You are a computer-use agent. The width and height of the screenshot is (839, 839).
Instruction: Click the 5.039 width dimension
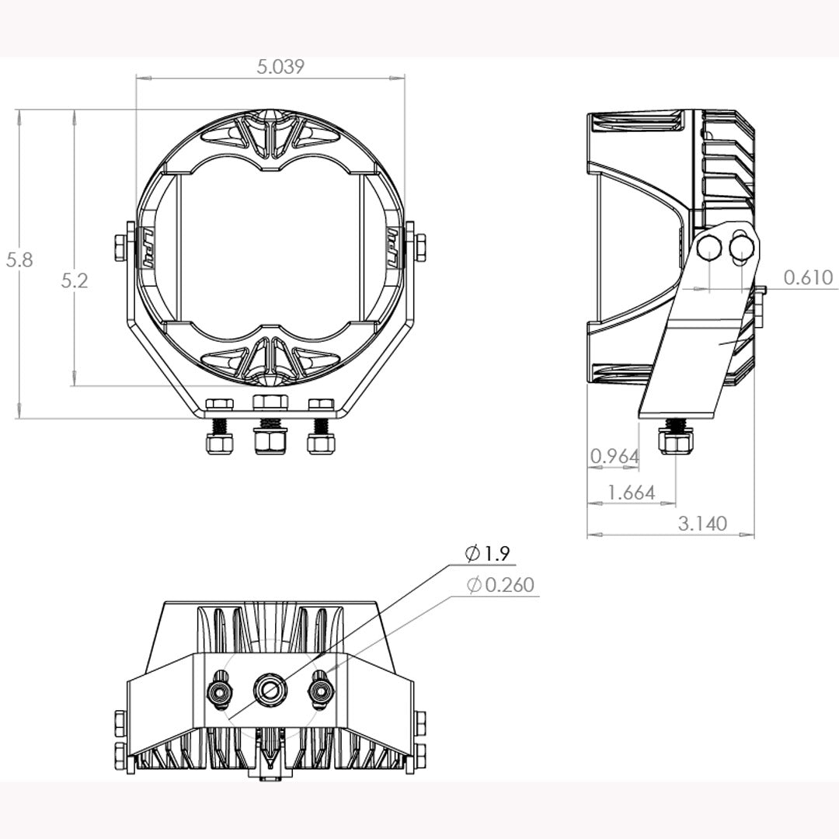pyautogui.click(x=280, y=67)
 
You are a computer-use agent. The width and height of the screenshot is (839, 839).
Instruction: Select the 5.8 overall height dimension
pyautogui.click(x=19, y=259)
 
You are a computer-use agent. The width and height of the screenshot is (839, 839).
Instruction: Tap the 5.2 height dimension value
pyautogui.click(x=75, y=280)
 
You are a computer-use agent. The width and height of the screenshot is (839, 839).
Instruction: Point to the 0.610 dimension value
pyautogui.click(x=808, y=277)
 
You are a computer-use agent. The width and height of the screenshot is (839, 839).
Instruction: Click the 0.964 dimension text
pyautogui.click(x=614, y=456)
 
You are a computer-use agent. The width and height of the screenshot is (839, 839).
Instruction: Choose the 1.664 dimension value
pyautogui.click(x=631, y=492)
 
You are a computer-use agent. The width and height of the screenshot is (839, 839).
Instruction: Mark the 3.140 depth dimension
pyautogui.click(x=702, y=523)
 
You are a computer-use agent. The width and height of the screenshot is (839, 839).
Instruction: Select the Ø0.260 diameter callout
pyautogui.click(x=501, y=584)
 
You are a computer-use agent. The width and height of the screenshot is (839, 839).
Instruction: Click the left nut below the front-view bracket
pyautogui.click(x=220, y=443)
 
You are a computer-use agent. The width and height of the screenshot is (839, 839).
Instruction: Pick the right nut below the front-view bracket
pyautogui.click(x=321, y=443)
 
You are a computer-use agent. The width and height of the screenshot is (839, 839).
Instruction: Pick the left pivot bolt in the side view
pyautogui.click(x=709, y=248)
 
